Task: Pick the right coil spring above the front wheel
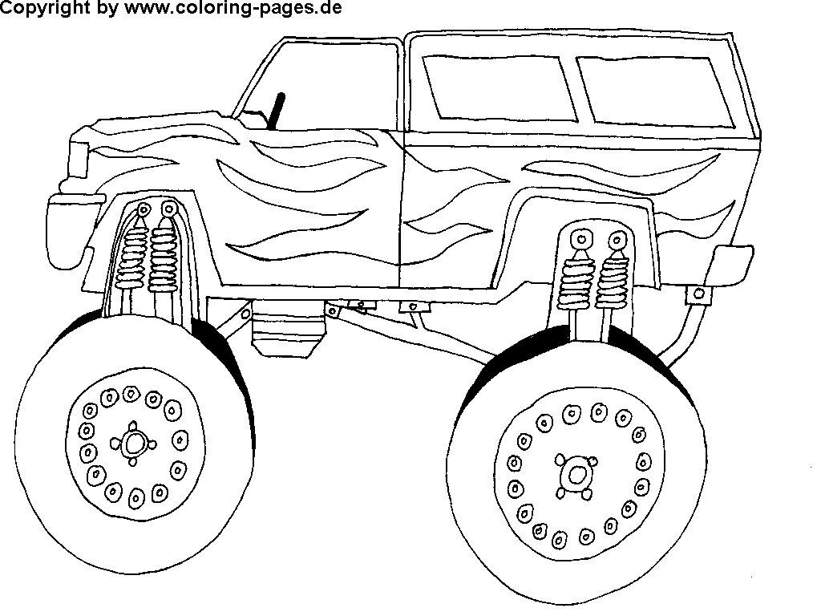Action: coord(163,257)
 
